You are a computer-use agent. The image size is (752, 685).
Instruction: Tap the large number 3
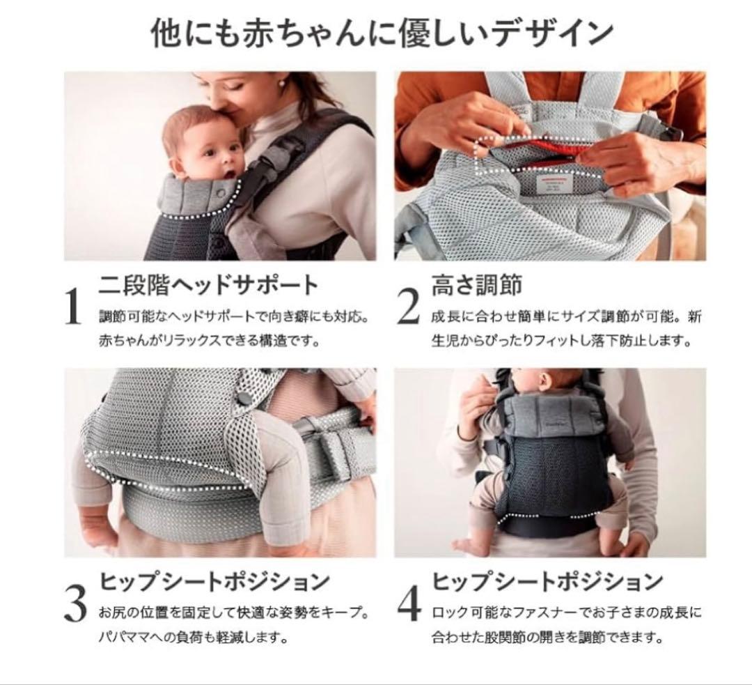click(x=75, y=603)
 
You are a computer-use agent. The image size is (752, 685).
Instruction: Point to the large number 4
click(x=409, y=603)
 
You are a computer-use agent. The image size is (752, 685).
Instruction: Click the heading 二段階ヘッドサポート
click(x=209, y=284)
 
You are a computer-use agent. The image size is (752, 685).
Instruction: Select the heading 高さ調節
click(x=477, y=284)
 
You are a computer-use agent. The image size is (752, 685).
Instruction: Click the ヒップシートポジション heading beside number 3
click(x=214, y=581)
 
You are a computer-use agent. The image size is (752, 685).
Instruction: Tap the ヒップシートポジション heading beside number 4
click(x=547, y=581)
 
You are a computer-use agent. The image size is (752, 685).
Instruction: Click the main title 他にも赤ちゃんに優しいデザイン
click(x=382, y=33)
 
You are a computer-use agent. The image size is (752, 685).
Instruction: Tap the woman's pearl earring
click(x=281, y=84)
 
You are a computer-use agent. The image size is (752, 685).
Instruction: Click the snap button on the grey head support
click(x=221, y=192)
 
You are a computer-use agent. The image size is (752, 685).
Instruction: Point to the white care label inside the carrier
click(x=552, y=185)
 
